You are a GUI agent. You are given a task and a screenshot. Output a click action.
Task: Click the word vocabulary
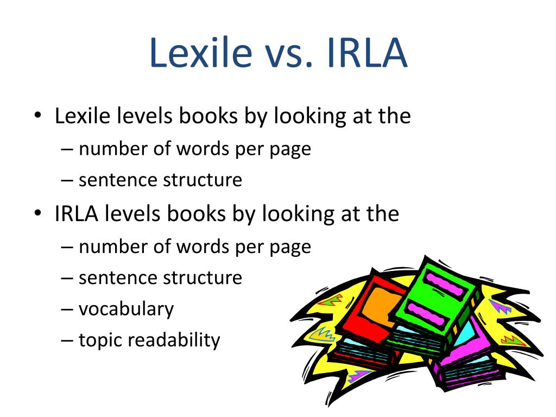(126, 309)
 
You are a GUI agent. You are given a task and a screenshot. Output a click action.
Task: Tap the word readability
(174, 340)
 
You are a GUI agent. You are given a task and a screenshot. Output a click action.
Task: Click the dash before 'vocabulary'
(67, 309)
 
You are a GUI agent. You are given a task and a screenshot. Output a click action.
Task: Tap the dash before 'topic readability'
(67, 340)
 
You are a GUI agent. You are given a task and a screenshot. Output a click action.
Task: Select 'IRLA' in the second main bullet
(76, 213)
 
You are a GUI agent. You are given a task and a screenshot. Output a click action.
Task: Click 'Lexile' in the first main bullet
(83, 116)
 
